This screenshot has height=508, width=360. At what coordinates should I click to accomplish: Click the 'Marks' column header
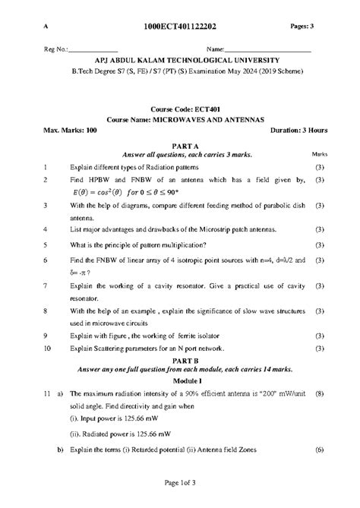(321, 154)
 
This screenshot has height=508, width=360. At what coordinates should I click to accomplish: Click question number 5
(46, 245)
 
